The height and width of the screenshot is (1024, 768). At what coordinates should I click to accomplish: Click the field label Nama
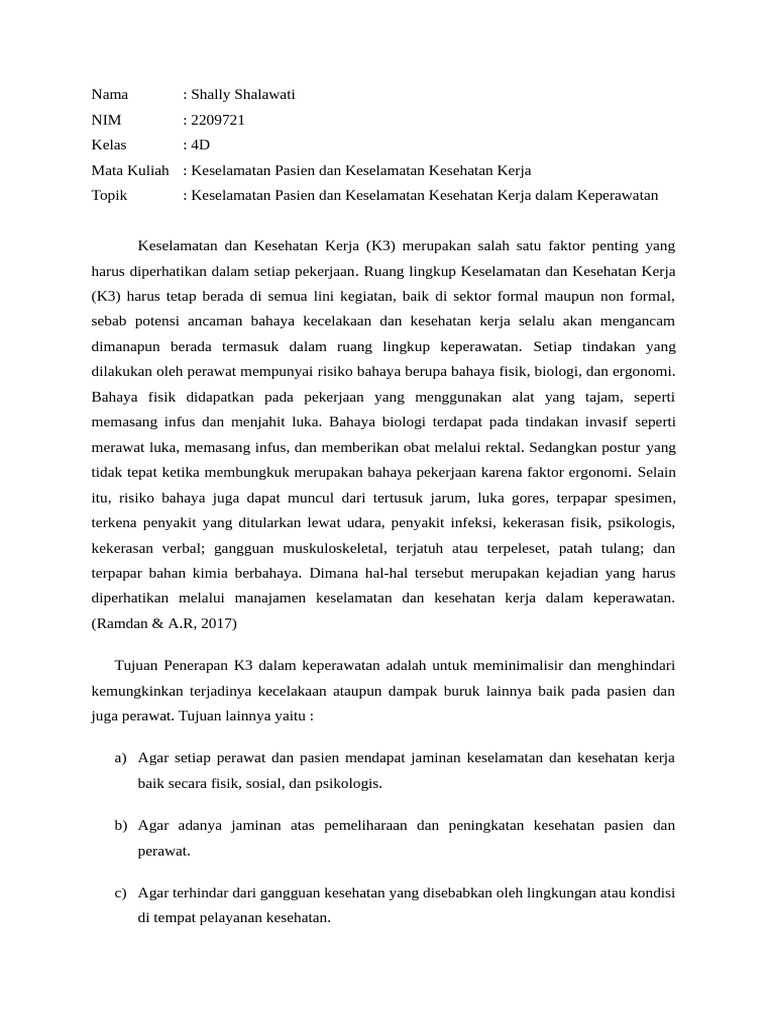pos(110,95)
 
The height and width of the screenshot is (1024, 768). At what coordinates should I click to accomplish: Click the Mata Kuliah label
pos(130,170)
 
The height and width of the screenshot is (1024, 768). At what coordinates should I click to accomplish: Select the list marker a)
pos(120,758)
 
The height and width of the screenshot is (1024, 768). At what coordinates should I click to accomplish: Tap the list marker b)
pos(120,826)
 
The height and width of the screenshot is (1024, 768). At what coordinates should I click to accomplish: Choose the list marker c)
pos(120,893)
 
